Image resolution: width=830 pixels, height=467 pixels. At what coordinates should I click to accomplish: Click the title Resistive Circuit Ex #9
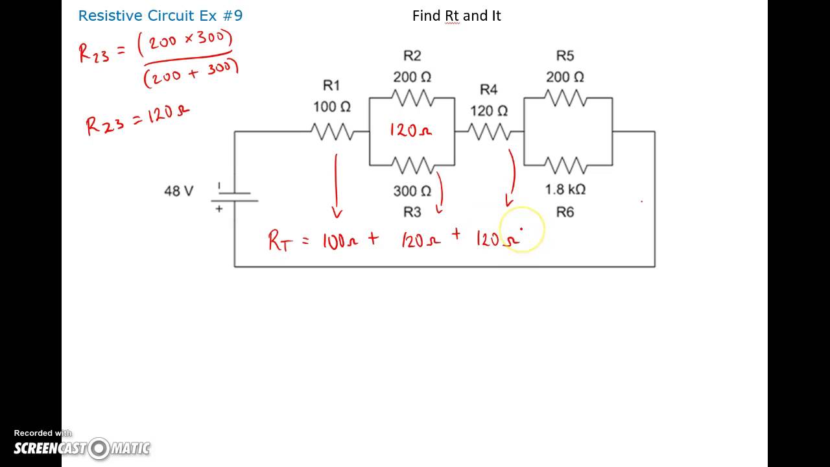160,16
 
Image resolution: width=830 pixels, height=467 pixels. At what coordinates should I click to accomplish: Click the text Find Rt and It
456,16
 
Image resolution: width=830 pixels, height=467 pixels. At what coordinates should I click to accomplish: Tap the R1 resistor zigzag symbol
332,132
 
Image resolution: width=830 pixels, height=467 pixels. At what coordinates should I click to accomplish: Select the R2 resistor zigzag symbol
412,98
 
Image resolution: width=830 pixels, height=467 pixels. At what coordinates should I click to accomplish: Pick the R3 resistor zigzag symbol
412,165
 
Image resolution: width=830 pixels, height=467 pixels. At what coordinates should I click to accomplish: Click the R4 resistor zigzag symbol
489,132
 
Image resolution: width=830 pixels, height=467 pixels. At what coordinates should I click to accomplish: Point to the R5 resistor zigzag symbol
565,98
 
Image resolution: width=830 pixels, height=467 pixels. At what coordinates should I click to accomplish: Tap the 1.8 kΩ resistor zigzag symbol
565,165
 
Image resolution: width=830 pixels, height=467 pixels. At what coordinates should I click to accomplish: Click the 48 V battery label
178,191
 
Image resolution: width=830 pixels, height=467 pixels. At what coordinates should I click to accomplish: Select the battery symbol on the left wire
234,197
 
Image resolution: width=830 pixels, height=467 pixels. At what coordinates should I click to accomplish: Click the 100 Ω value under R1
332,106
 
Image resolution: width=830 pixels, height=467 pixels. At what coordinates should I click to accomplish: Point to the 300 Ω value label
412,191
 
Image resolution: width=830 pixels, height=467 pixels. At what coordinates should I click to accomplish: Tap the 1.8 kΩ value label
565,189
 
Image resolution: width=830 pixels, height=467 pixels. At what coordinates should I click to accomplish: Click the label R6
565,212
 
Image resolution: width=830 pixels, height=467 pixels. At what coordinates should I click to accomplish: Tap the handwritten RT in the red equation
280,241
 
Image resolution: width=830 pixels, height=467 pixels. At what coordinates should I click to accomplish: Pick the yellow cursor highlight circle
522,229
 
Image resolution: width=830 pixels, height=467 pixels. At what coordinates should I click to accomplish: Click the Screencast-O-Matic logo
82,448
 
